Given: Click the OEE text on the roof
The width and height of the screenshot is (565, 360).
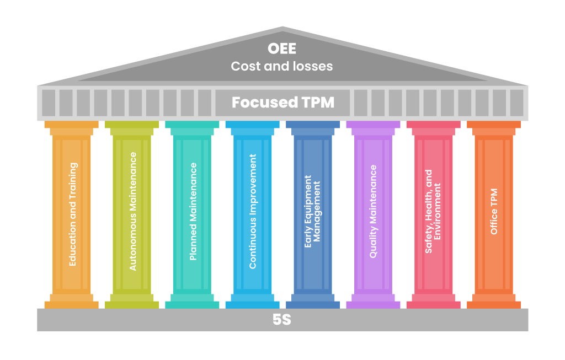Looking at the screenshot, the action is pos(282,49).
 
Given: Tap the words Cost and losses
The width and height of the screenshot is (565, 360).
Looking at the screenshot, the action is pos(282,66).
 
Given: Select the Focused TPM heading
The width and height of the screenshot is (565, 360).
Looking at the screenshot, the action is pos(283,102).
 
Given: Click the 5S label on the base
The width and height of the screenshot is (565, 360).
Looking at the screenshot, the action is pos(282,320).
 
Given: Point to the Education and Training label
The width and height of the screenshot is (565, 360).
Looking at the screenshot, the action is pos(72,214).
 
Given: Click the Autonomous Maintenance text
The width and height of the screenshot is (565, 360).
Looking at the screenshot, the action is pos(133,211).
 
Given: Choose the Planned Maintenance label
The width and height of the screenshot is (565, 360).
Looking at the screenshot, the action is pos(193,211).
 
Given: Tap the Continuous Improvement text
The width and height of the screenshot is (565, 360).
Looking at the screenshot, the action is pos(253,211).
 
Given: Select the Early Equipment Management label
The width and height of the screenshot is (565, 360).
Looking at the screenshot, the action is pos(312,211).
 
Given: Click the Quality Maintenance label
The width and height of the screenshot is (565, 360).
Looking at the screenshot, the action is pos(374,211).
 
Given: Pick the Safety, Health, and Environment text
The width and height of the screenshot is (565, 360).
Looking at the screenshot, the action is pos(433,211).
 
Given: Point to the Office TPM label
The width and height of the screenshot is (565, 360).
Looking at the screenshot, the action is pos(494,211).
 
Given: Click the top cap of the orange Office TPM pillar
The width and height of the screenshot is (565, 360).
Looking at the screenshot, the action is pos(494,125).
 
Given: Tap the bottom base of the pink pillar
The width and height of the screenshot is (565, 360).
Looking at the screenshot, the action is pos(434,305).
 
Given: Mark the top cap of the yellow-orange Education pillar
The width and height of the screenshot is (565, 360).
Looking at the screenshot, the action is pos(71,125).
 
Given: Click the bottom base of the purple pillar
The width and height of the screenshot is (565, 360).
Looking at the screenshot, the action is pos(373,305).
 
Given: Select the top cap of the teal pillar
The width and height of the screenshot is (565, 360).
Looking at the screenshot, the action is pos(192,125).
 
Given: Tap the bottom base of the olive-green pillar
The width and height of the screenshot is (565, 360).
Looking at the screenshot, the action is pos(132,305).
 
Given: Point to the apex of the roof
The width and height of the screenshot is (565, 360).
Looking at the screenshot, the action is pos(282,26).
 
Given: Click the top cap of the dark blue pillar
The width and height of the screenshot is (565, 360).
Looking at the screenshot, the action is pos(313,125).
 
